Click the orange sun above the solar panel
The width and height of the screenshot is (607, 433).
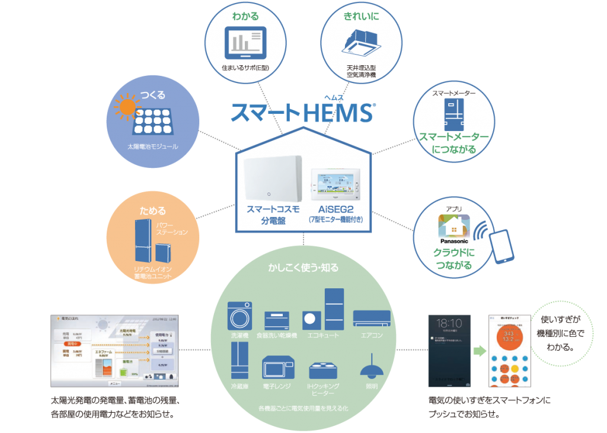coord(125,107)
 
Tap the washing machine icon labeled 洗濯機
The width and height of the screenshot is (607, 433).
coord(240,316)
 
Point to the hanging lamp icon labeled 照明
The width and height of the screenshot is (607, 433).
coord(370,366)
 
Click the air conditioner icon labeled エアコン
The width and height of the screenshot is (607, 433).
coord(372,319)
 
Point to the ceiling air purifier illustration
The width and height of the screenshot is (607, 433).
coord(353,42)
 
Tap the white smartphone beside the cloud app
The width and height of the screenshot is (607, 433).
coord(501,244)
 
